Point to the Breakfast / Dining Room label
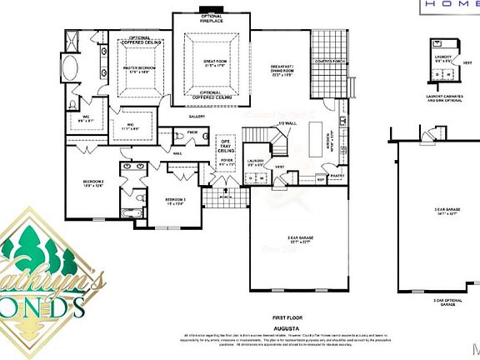[284, 70]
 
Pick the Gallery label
[197, 117]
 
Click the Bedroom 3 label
[174, 201]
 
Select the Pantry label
[337, 177]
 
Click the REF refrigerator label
[321, 178]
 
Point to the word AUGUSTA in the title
[286, 327]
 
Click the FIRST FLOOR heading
[286, 317]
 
